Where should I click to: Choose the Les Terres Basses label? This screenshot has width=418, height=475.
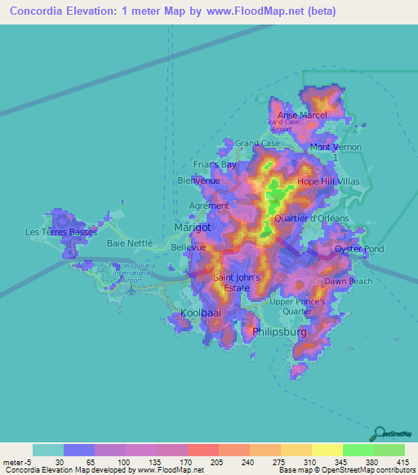click(x=60, y=232)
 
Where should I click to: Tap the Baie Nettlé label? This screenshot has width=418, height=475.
click(x=130, y=243)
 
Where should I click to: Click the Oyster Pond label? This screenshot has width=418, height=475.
click(x=359, y=248)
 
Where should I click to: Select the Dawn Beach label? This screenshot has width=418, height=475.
click(x=349, y=282)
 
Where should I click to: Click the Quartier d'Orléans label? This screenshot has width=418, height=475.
click(x=312, y=219)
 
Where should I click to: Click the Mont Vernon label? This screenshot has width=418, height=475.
click(x=331, y=147)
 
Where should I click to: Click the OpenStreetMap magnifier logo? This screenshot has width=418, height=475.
click(x=379, y=433)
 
